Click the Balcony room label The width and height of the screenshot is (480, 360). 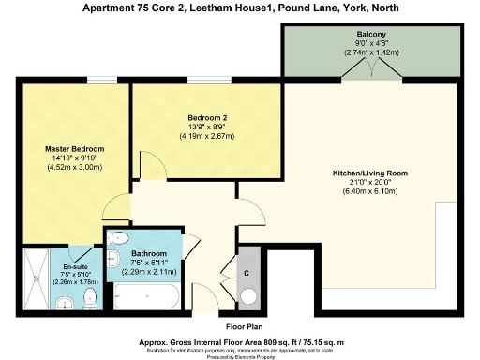click(372, 35)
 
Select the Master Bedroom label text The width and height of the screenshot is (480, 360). click(75, 149)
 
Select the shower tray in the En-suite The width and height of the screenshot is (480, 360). click(37, 277)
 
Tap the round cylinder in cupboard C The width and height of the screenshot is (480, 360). click(249, 297)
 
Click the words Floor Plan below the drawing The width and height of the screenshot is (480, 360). click(239, 326)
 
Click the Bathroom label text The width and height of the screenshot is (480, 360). click(148, 253)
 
